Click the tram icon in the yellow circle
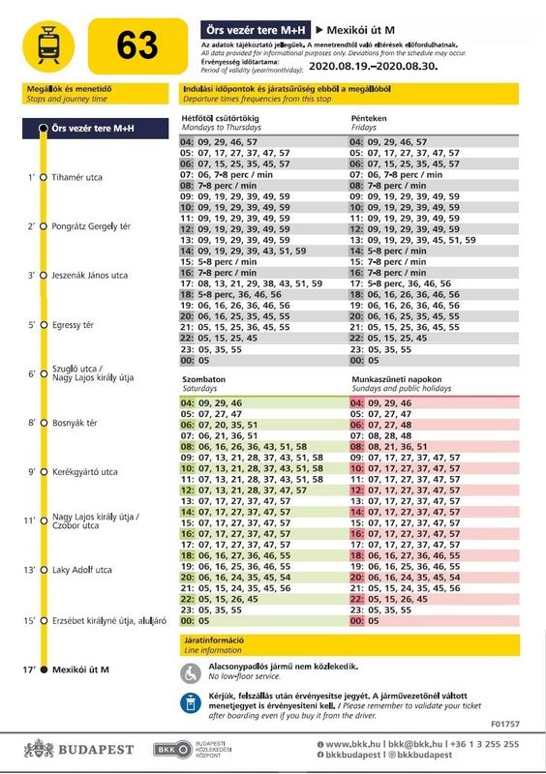tap(48, 45)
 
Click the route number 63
tap(137, 45)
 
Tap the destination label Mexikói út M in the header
tap(361, 30)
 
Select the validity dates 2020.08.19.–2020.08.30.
tap(374, 66)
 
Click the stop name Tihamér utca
tap(77, 177)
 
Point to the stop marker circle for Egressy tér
tap(44, 325)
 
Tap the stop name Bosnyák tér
tap(76, 423)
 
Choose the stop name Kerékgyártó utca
tap(85, 472)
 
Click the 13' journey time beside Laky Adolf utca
tap(29, 570)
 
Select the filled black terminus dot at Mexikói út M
tap(44, 670)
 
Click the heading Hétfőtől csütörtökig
tap(221, 118)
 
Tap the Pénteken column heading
tap(369, 118)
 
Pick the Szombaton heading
tap(203, 379)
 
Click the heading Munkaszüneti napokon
tap(397, 379)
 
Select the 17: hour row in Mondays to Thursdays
tap(252, 283)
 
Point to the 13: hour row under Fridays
tap(413, 240)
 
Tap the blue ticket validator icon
tap(191, 704)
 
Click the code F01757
tap(505, 724)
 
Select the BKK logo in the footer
tap(172, 750)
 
